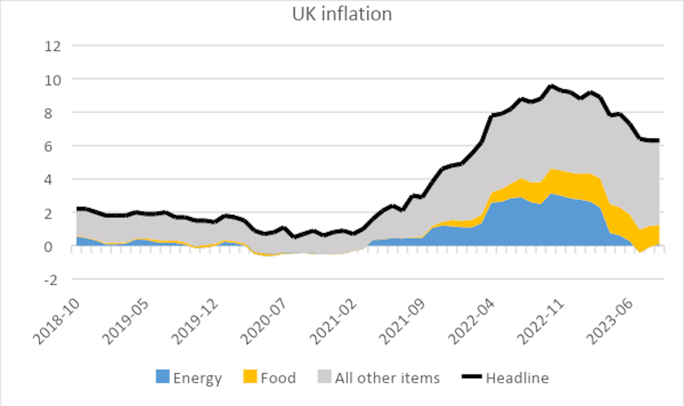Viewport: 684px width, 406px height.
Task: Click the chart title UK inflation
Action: click(x=342, y=14)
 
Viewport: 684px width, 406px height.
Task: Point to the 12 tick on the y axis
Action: click(x=53, y=46)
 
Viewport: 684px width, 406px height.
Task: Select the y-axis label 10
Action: click(x=53, y=80)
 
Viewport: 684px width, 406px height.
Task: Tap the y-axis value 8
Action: click(x=48, y=113)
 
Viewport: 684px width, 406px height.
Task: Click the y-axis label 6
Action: click(x=48, y=147)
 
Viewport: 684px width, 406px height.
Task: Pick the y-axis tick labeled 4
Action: click(x=48, y=180)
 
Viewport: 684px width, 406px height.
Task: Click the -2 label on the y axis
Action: click(x=51, y=280)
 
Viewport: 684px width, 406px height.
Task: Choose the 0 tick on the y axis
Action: click(x=48, y=247)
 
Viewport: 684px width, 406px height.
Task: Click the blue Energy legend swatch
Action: click(x=162, y=376)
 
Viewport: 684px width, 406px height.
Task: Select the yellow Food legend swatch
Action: click(x=250, y=376)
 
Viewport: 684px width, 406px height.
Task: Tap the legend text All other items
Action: click(x=387, y=378)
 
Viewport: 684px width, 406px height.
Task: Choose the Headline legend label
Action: click(x=517, y=378)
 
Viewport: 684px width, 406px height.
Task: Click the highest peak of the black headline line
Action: click(x=551, y=86)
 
